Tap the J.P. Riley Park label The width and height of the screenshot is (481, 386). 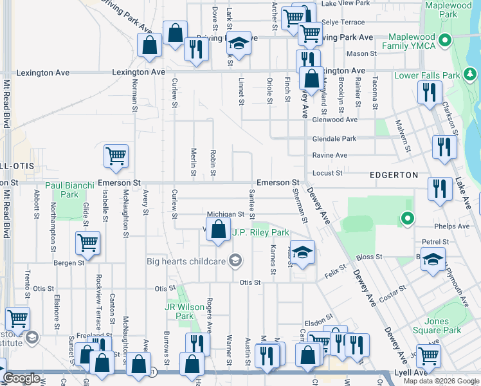point(260,233)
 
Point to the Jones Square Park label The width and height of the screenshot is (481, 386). point(443,326)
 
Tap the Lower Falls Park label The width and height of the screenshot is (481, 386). point(427,75)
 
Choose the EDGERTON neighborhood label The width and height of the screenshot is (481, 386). point(394,175)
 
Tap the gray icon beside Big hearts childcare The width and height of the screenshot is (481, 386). point(235,261)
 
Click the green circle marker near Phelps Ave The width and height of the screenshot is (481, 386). point(406,219)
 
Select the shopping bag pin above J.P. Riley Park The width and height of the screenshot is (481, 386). point(219,230)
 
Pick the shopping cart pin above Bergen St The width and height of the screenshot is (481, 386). point(87,243)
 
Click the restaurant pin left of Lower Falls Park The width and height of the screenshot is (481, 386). point(426,92)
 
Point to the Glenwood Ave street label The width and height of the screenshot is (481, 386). point(334,120)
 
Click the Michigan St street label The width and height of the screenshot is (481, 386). point(225,214)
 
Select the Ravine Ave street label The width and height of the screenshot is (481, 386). point(329,155)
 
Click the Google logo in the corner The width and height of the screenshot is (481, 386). point(22,379)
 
